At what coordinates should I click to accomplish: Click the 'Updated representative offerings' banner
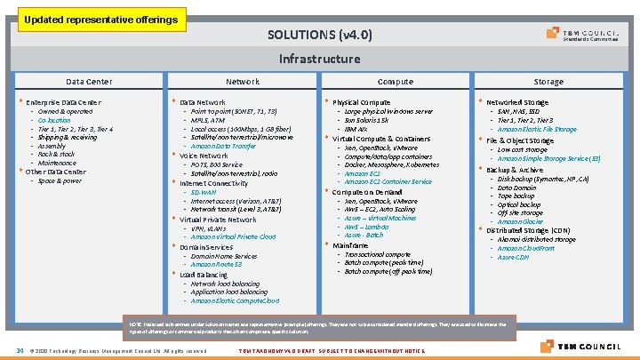[100, 19]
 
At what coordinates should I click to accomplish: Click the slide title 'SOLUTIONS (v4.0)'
[319, 36]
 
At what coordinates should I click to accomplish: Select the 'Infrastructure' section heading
[319, 60]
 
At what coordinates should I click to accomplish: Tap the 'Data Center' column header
[89, 82]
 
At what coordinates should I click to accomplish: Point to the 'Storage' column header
[548, 82]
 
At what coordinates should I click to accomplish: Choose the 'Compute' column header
[395, 82]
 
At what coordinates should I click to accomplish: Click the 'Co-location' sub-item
[53, 120]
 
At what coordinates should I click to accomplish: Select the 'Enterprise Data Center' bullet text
[63, 103]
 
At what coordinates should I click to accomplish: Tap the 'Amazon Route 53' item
[216, 264]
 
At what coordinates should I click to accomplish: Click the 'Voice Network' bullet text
[204, 156]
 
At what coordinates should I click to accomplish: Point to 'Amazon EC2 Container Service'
[388, 182]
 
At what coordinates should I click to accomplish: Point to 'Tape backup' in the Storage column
[516, 196]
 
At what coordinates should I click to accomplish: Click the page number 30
[19, 349]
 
